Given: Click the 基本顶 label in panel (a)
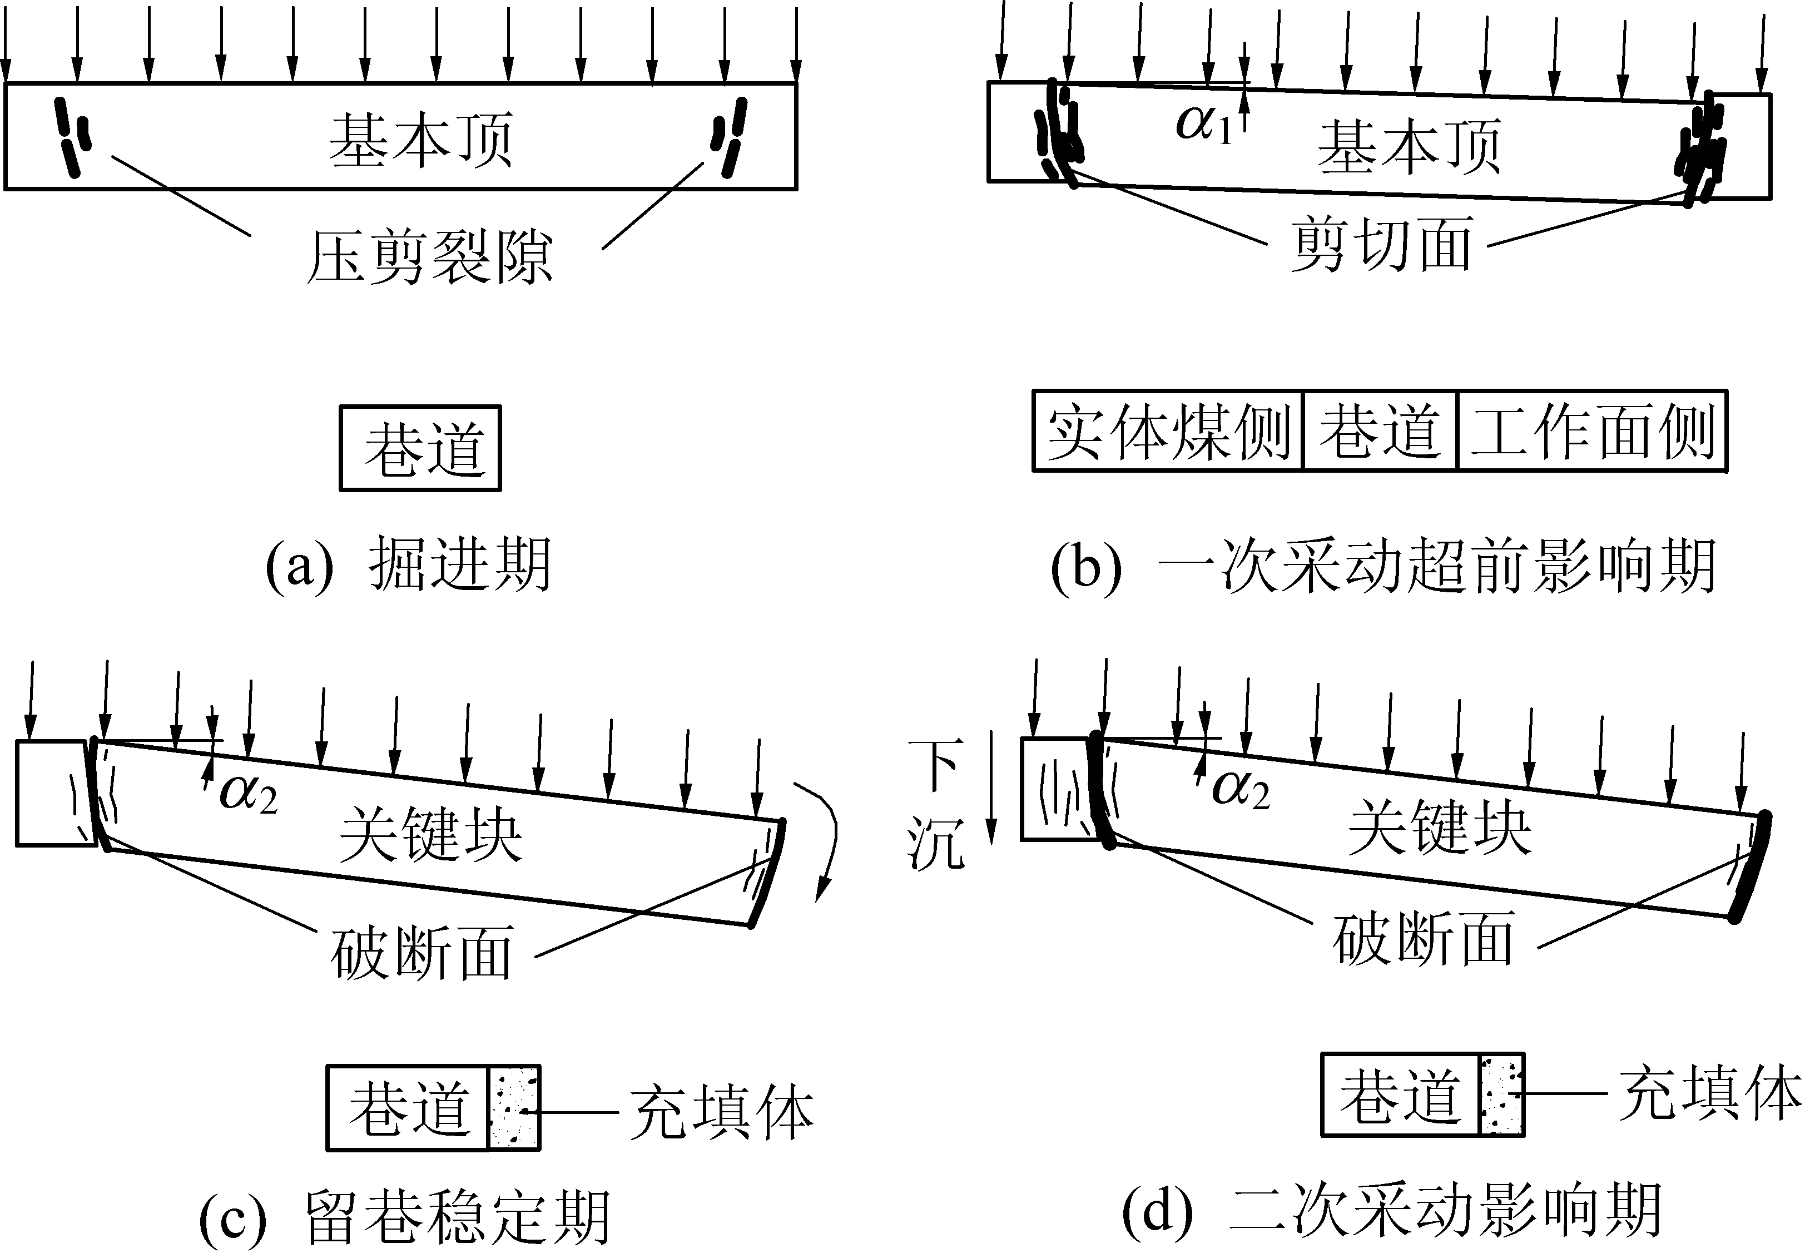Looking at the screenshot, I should [x=420, y=140].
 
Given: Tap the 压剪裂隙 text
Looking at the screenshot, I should [x=429, y=257].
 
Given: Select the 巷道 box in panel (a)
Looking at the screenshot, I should [x=420, y=448].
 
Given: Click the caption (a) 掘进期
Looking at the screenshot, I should [x=408, y=564].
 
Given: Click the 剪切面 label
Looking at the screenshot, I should [x=1381, y=245].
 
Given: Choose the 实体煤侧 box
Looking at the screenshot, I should [x=1168, y=431].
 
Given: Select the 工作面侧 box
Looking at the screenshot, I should [x=1593, y=431].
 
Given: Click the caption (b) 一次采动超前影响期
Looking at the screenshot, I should [x=1383, y=566].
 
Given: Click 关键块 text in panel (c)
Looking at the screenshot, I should [x=431, y=836].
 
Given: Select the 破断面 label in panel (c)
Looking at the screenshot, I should [x=422, y=952].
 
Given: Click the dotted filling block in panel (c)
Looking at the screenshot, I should [x=514, y=1108].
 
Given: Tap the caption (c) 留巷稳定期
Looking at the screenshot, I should [x=405, y=1217].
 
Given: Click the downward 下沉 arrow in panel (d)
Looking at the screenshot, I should [x=992, y=786].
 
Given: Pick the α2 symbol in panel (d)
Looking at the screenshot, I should [x=1241, y=789].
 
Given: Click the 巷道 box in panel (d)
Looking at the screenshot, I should [x=1400, y=1095].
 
